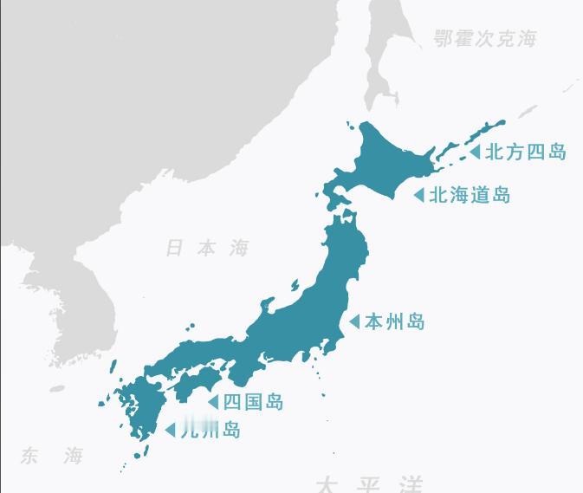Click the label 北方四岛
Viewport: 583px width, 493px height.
tap(525, 152)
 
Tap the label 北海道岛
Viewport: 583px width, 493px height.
tap(470, 195)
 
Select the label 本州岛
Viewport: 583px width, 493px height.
tap(395, 321)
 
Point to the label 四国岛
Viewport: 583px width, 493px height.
tap(253, 401)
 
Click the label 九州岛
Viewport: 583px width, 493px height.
tap(210, 430)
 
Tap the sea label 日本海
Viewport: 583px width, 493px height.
tap(207, 249)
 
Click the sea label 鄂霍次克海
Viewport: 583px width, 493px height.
tap(485, 39)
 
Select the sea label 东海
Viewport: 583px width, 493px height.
tap(52, 456)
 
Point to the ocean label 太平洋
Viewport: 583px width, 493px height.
tap(370, 483)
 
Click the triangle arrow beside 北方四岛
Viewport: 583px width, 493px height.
tap(475, 152)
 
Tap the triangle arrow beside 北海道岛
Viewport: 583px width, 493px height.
tap(419, 195)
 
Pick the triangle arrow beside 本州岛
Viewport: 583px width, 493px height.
tap(354, 321)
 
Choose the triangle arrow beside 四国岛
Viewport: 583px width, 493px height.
tap(212, 401)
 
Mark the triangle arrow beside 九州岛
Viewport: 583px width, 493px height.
tap(170, 430)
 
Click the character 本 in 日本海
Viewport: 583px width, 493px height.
tap(207, 249)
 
